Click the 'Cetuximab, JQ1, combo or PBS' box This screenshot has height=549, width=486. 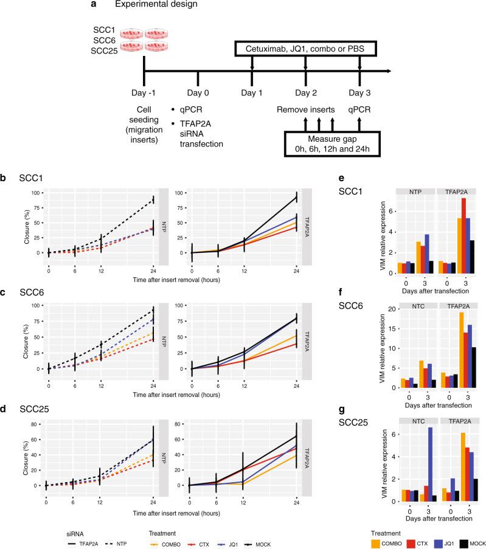tap(305, 47)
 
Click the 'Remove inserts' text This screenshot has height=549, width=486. tap(306, 111)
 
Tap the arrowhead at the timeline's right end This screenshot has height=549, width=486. tap(387, 72)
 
